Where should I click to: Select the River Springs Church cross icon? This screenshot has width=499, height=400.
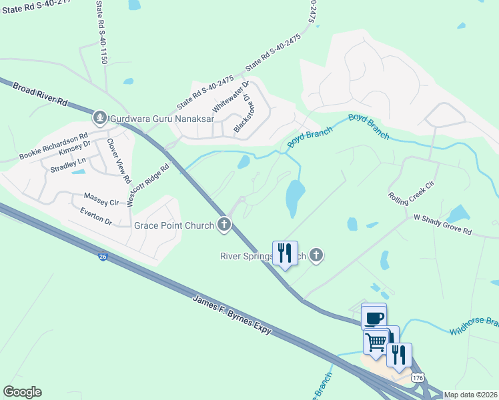point(317,255)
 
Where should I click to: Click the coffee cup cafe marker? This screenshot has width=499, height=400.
point(374,317)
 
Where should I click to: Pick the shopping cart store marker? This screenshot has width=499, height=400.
point(376,341)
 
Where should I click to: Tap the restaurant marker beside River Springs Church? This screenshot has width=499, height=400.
point(285,253)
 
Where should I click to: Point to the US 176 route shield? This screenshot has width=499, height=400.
point(418,377)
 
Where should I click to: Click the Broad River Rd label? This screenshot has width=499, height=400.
point(41,96)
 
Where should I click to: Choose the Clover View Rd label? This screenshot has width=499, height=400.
point(118,161)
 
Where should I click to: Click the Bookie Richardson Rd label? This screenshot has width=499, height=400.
point(55,144)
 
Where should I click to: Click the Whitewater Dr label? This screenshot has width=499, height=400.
point(231,97)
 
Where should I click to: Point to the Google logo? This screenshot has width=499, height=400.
point(22,392)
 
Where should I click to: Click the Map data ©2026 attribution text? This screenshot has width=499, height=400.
point(470,395)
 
